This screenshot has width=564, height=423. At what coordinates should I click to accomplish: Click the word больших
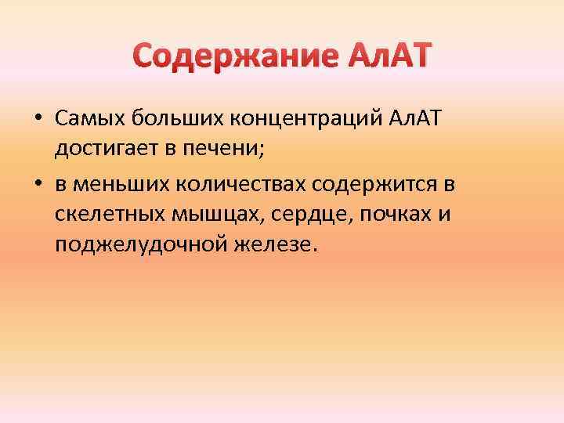170,117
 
